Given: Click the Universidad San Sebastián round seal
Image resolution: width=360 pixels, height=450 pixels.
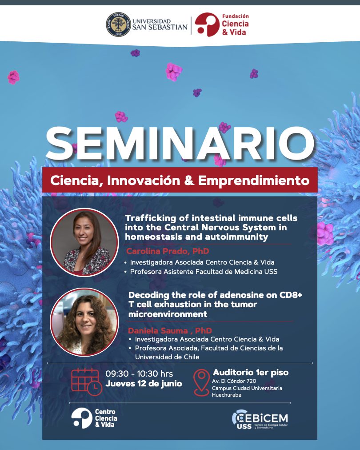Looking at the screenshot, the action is (118, 24).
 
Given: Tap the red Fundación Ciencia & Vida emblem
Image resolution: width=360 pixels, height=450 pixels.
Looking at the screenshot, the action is (207, 24).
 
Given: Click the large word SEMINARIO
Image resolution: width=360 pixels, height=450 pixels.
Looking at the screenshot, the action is (180, 143).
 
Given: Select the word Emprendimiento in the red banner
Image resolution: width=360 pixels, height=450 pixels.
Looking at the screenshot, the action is (254, 181).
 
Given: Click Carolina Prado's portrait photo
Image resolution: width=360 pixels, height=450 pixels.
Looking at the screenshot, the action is (84, 242).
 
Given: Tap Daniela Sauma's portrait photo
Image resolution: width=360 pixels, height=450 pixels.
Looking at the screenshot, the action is (84, 322).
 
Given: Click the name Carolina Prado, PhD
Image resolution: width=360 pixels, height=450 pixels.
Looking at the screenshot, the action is (168, 251).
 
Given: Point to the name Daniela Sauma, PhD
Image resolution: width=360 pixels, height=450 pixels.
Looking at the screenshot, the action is (170, 331).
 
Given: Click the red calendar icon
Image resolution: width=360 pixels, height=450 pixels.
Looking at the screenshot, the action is (86, 382).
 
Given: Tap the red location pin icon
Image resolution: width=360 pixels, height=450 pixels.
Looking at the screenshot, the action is (201, 382).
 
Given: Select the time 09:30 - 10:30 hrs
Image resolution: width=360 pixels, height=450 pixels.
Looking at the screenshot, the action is (139, 374).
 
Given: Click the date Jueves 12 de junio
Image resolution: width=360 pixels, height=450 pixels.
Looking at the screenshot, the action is (144, 384).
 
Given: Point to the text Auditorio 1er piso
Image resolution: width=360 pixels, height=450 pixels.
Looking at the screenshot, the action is (251, 373).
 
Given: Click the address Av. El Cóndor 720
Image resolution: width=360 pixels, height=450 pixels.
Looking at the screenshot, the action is (234, 381).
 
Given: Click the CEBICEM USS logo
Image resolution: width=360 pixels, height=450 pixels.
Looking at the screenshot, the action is (260, 419).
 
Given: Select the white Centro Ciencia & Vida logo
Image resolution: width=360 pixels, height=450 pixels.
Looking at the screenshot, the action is (94, 418).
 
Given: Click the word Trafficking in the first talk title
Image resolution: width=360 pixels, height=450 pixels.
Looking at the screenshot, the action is (151, 218).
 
